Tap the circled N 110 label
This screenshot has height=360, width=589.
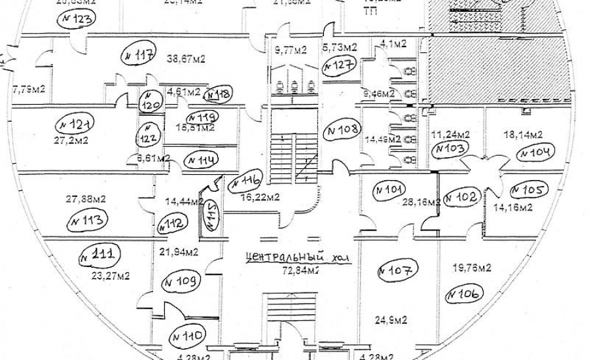(x=187, y=336)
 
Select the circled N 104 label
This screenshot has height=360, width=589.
(x=535, y=154)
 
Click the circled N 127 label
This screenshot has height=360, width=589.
(x=339, y=65)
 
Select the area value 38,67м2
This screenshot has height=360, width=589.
(x=186, y=59)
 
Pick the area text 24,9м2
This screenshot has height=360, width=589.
(x=392, y=320)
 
